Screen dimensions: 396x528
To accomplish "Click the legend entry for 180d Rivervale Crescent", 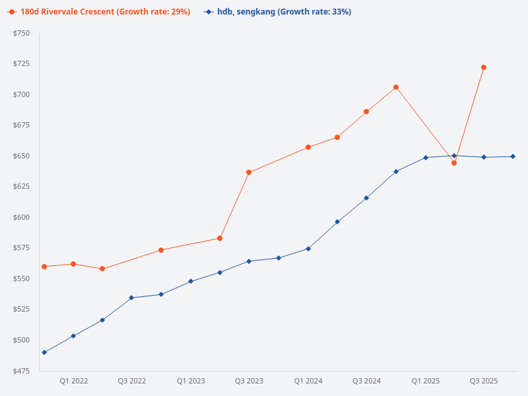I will point(98,12).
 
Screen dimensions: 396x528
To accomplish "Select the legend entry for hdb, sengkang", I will point(277,12).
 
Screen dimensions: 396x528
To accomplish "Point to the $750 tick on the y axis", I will point(21,33).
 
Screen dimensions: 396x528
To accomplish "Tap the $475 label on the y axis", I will point(21,371).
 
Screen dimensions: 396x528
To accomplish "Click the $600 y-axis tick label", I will point(21,217).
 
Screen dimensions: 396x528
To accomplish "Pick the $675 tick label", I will point(21,125).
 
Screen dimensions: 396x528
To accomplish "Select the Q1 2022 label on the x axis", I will point(73,381).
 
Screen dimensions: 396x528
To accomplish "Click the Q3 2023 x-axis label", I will point(249,381).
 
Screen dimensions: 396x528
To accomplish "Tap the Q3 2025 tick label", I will point(484,381).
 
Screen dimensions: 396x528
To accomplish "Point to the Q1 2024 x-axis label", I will point(308,381).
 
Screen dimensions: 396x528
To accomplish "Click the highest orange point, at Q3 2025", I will point(484,67).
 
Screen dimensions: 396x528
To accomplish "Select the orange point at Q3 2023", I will point(249,172).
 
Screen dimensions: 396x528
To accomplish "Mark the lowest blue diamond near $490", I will point(44,352).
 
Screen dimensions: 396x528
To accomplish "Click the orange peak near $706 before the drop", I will point(396,87).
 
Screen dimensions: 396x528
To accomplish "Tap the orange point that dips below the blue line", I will point(454,163).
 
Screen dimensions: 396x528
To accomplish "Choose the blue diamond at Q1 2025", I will point(426,158).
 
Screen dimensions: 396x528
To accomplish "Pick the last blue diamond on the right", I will point(513,156).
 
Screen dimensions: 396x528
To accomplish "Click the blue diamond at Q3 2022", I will point(131,298).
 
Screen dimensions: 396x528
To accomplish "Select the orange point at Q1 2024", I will point(308,147).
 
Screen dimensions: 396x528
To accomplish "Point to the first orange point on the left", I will point(44,267).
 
